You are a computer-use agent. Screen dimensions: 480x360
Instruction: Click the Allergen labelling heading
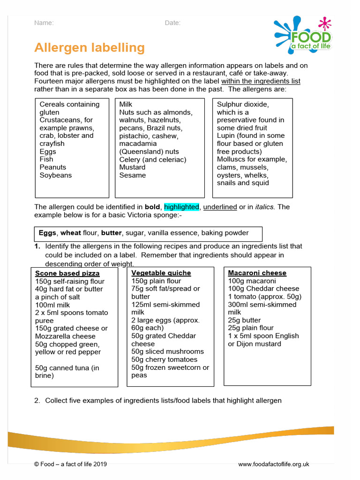(90, 48)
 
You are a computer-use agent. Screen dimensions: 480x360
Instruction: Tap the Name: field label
(44, 23)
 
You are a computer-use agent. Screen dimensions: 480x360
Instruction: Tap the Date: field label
(172, 23)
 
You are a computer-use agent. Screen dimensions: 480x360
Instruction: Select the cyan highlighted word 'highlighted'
(181, 207)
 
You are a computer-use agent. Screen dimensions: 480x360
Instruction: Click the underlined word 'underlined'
(220, 207)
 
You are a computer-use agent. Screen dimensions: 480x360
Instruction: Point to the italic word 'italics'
(265, 207)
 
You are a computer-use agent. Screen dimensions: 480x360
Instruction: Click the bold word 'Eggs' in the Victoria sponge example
(47, 233)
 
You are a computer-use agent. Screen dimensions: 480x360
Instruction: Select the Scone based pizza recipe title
(67, 273)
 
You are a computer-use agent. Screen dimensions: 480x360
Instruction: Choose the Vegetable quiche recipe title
(161, 273)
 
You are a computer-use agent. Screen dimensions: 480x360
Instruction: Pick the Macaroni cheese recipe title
(257, 273)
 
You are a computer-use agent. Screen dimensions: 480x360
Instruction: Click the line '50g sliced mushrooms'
(167, 352)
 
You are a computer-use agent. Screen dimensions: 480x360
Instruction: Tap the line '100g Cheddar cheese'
(263, 289)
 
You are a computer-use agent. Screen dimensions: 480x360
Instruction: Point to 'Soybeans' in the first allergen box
(56, 175)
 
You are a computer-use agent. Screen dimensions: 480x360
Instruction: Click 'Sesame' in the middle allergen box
(133, 175)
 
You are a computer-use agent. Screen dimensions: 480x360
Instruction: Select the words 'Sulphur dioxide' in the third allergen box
(243, 105)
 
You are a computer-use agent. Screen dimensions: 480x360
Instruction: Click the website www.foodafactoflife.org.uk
(274, 465)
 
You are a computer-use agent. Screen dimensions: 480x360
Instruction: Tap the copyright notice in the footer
(71, 465)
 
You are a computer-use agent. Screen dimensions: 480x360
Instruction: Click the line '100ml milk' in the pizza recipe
(52, 305)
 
